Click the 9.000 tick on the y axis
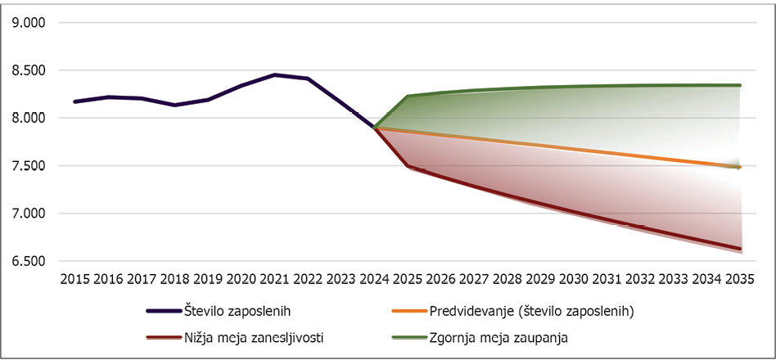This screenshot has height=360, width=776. click(28, 23)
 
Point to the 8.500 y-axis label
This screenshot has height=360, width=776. click(28, 70)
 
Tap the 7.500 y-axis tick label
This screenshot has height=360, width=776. click(28, 166)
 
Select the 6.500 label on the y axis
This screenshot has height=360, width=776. click(28, 261)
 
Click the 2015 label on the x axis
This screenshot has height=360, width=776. click(75, 279)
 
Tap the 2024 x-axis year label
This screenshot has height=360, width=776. click(375, 279)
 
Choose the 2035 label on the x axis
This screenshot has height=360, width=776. click(739, 279)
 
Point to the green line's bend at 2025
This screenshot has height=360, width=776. click(408, 96)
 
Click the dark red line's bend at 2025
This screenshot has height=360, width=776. click(408, 166)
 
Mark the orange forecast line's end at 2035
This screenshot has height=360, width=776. click(739, 167)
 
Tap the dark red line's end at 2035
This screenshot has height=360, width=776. click(739, 249)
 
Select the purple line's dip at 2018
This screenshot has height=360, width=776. click(175, 105)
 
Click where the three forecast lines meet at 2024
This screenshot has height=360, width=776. click(375, 128)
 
